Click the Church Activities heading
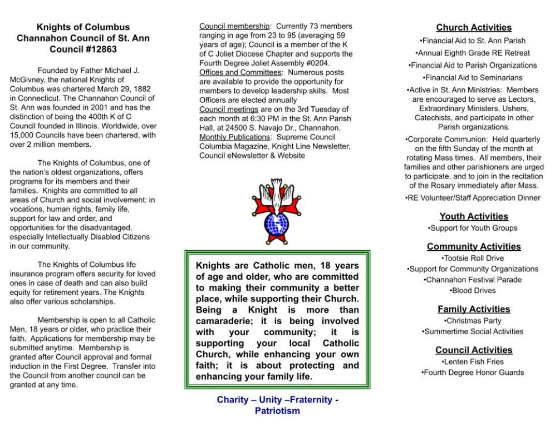click(x=474, y=28)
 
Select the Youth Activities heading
click(x=474, y=216)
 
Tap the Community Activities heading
click(x=474, y=246)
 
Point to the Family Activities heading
click(x=474, y=309)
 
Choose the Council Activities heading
click(x=474, y=350)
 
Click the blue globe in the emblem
click(x=277, y=224)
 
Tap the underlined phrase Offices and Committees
click(x=240, y=72)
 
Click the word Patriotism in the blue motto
click(x=277, y=411)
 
